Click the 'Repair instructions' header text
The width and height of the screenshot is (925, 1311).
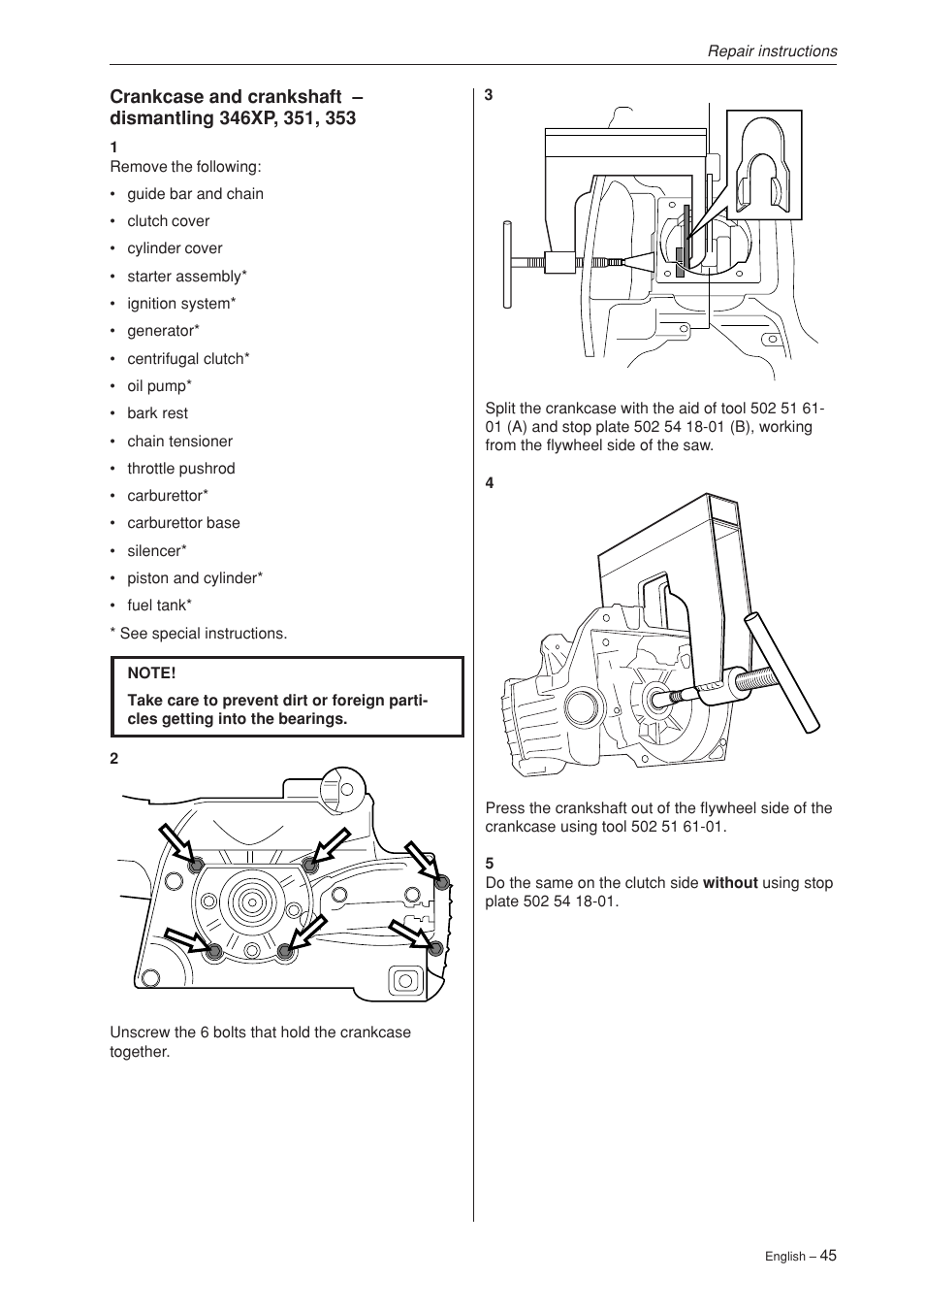pyautogui.click(x=771, y=51)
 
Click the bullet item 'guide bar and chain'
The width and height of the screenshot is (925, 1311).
pyautogui.click(x=195, y=194)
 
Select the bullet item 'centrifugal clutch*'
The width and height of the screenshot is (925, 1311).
pyautogui.click(x=188, y=359)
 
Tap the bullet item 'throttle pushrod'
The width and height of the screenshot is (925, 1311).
pyautogui.click(x=180, y=469)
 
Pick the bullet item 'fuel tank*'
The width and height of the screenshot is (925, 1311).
pyautogui.click(x=159, y=606)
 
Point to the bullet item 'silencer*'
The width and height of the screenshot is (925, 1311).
pyautogui.click(x=156, y=551)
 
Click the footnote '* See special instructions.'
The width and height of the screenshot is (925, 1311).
pyautogui.click(x=199, y=634)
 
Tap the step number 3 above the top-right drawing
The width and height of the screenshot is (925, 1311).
pyautogui.click(x=490, y=95)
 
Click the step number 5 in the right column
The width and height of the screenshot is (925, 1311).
pyautogui.click(x=490, y=863)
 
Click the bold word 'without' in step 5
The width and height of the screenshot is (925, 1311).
pyautogui.click(x=729, y=883)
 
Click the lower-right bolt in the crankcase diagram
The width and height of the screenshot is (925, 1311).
pyautogui.click(x=435, y=947)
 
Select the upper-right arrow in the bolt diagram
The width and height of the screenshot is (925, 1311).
pyautogui.click(x=422, y=861)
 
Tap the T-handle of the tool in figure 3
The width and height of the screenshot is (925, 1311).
pyautogui.click(x=507, y=263)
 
